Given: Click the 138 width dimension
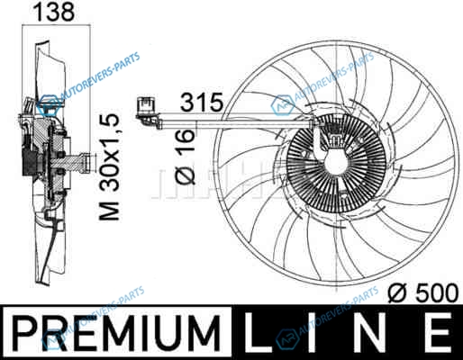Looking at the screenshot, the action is pyautogui.click(x=54, y=12).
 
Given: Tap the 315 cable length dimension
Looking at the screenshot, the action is pyautogui.click(x=202, y=103).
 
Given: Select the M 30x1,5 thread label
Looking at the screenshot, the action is pyautogui.click(x=110, y=167).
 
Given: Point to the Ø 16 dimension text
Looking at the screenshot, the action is pyautogui.click(x=186, y=157).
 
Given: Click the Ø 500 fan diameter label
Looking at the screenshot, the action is pyautogui.click(x=423, y=293).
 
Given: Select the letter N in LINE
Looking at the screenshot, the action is pyautogui.click(x=368, y=333).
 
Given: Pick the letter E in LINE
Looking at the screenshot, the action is pyautogui.click(x=437, y=333).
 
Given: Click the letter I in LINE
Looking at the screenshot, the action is pyautogui.click(x=312, y=333).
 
